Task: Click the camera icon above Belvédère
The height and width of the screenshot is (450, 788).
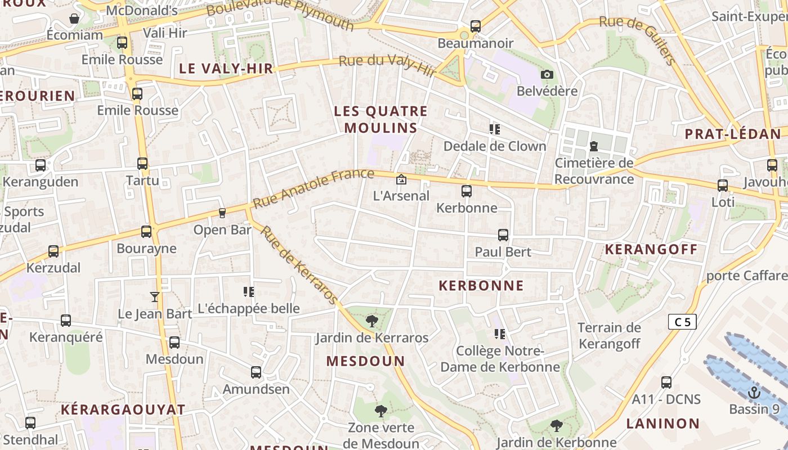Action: [x=547, y=74]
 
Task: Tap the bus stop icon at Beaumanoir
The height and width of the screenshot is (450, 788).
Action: [x=476, y=26]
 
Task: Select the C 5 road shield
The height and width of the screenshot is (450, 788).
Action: [x=682, y=322]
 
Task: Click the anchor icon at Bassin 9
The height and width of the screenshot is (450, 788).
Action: [x=754, y=392]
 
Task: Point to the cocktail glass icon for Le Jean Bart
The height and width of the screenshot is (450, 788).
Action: [x=155, y=296]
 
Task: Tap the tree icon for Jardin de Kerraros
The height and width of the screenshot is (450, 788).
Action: [x=371, y=321]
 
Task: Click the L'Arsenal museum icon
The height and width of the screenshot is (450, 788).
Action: [x=401, y=179]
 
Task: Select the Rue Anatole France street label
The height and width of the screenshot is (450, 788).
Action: [x=313, y=188]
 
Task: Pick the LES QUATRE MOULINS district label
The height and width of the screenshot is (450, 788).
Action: [x=381, y=119]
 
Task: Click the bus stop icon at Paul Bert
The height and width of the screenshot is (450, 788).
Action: [x=503, y=235]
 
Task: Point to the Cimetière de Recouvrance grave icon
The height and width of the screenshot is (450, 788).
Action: [x=593, y=147]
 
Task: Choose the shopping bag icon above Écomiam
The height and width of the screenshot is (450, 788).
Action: [x=74, y=19]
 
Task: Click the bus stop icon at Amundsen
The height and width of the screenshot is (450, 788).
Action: [x=256, y=372]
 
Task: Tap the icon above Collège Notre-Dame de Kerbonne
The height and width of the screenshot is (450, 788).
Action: [x=500, y=334]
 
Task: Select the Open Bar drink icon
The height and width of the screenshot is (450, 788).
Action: [x=222, y=213]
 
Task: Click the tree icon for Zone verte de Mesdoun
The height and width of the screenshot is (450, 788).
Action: [x=381, y=411]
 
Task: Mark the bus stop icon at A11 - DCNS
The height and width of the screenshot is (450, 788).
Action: [x=666, y=382]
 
